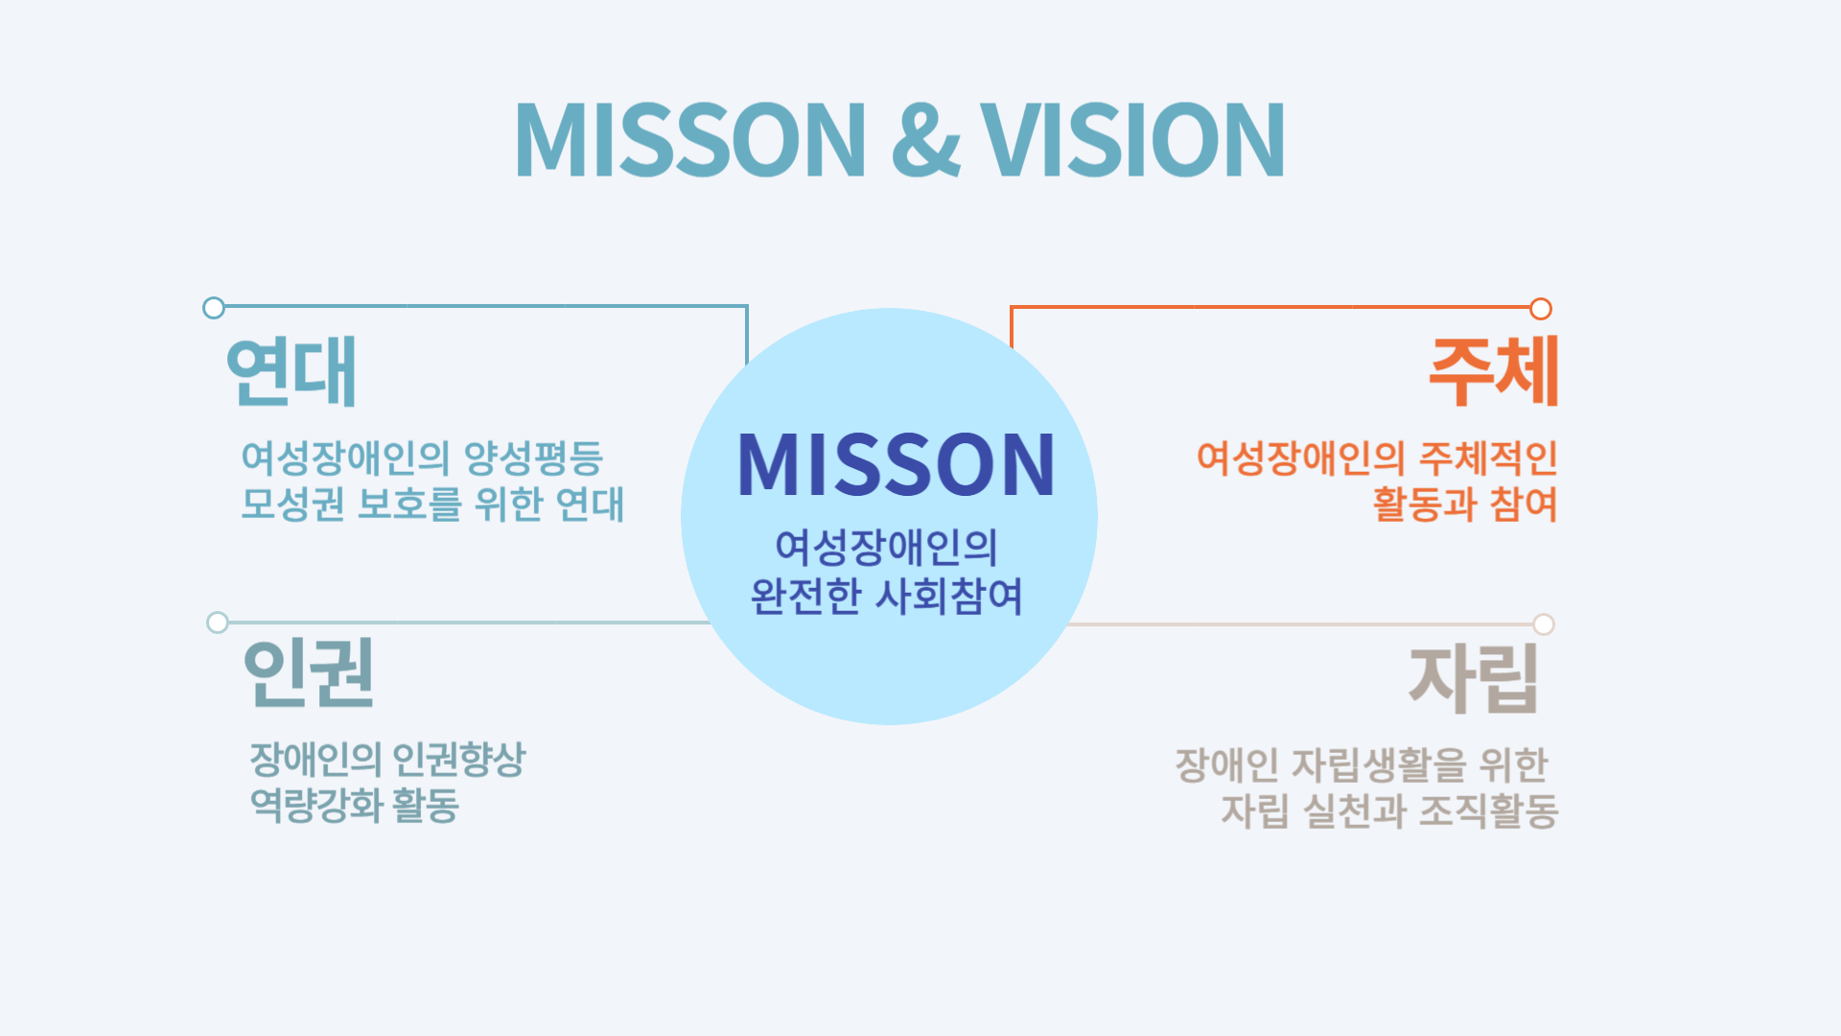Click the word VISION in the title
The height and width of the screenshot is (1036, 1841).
1132,140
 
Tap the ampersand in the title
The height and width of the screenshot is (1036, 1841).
925,142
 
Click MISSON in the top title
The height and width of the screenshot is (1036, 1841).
690,140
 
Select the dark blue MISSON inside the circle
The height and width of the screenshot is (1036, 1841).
896,465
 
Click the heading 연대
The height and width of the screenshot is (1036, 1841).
291,372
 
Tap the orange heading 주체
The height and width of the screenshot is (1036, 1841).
1493,372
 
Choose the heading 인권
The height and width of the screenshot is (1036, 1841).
309,674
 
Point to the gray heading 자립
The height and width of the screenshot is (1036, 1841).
1474,679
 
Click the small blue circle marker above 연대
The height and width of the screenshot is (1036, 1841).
214,308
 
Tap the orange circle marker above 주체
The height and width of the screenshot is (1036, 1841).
1541,309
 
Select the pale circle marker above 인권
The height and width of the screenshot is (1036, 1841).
218,623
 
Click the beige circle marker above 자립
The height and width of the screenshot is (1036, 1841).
1544,624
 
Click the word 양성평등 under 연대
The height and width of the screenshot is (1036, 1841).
533,459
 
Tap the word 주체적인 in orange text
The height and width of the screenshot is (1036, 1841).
1488,459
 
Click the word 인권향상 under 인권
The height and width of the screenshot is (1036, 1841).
459,760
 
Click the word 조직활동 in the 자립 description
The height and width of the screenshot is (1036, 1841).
1488,812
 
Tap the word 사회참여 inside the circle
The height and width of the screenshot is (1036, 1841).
949,597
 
